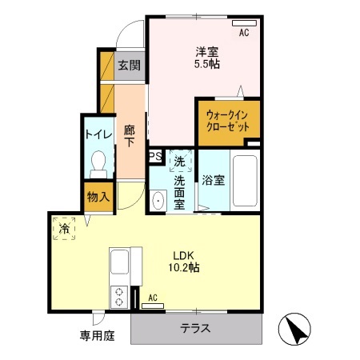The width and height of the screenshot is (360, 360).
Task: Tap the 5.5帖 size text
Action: coord(207,65)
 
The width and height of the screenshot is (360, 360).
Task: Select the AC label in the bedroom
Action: coord(244,33)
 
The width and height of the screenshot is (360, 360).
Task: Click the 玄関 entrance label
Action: coord(128,66)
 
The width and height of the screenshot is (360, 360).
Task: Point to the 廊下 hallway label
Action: coord(129,134)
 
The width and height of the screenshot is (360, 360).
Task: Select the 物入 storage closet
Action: coord(98,196)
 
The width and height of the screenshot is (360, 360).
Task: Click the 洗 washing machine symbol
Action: coord(180,161)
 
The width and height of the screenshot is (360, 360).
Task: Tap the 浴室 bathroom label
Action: coord(212,180)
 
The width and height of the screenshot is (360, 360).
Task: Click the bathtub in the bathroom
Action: coord(243,180)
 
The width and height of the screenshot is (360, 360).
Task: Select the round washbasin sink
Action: coord(158,201)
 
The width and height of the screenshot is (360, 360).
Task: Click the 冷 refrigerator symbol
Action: coord(64,228)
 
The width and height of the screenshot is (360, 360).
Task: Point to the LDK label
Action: coord(184,256)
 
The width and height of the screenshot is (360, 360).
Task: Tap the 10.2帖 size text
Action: coord(184,268)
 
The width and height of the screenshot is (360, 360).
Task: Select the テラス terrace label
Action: coord(196,328)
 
